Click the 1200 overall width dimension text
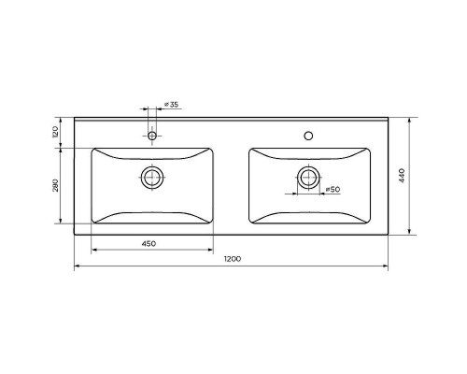pos(231,259)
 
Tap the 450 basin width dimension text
pos(149,243)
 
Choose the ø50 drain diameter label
pos(331,191)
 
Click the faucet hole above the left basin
pos(152,136)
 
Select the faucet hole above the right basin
pos(308,136)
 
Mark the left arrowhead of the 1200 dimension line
pos(77,267)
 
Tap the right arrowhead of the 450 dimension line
pos(214,251)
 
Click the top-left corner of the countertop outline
pos(75,119)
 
